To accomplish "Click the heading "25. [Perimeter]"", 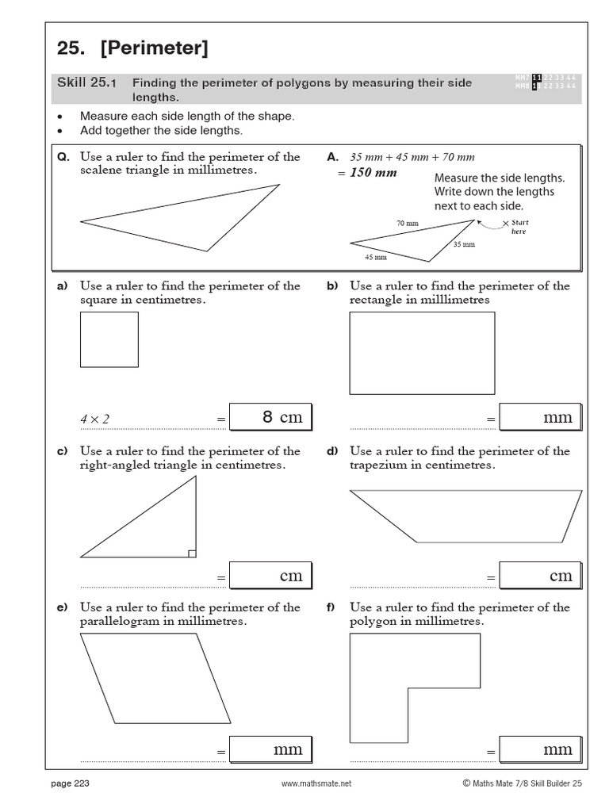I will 132,48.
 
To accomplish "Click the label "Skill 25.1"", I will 87,82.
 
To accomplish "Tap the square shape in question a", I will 109,339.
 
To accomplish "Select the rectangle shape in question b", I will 422,353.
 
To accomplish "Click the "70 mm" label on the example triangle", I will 407,224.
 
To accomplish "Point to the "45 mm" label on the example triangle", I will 376,257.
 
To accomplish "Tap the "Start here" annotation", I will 518,227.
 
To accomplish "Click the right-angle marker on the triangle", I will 192,553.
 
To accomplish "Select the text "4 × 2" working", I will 94,419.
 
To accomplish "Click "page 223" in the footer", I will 70,784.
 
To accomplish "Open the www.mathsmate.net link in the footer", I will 316,784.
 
